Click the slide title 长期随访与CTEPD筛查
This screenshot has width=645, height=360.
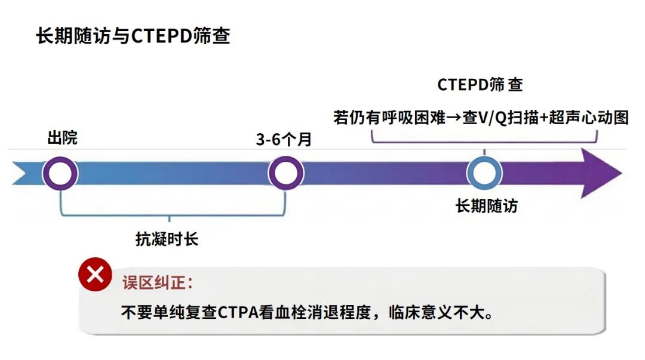click(x=133, y=37)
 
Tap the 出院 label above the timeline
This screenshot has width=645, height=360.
click(x=62, y=139)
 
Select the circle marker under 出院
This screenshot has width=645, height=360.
click(x=60, y=174)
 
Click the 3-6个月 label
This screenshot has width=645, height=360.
click(x=284, y=140)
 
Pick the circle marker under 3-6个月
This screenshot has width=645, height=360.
click(x=286, y=174)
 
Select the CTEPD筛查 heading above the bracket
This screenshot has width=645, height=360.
click(x=480, y=85)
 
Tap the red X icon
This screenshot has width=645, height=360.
click(x=95, y=275)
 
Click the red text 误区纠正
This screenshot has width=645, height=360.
click(x=158, y=283)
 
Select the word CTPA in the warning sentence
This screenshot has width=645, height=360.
click(x=238, y=313)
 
